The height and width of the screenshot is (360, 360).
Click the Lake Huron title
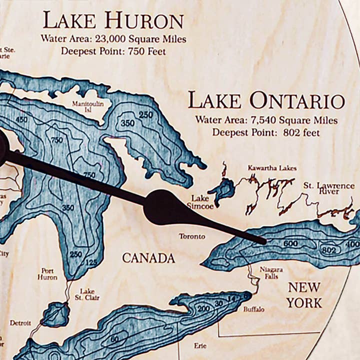tap(113, 21)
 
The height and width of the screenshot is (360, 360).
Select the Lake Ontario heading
tap(266, 100)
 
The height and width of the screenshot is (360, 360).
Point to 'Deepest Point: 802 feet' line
tap(266, 132)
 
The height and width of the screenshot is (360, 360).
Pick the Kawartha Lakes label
tap(272, 168)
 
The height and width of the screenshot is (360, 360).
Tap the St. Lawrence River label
tap(328, 188)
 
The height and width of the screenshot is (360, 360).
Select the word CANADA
tap(148, 258)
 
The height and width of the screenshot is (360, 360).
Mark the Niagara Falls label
tap(271, 273)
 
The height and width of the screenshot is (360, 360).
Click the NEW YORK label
tap(304, 295)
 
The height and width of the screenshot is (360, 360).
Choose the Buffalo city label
tap(254, 309)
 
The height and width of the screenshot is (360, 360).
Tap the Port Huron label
tap(47, 273)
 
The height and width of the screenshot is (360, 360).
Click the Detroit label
tap(20, 323)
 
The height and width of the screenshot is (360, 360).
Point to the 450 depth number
tap(21, 119)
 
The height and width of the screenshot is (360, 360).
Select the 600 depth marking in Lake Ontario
tap(290, 244)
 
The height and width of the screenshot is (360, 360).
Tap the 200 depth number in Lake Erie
tap(203, 307)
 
